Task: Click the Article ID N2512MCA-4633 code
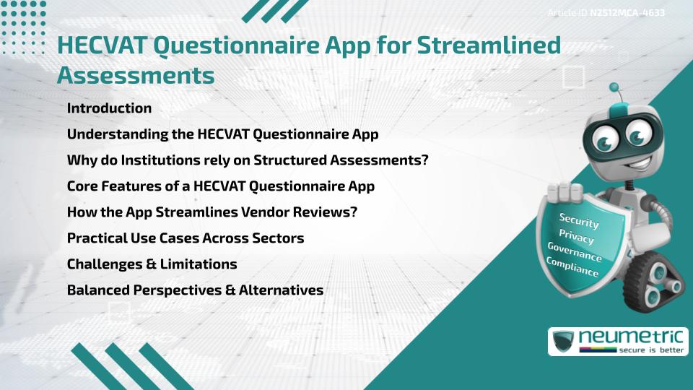pyautogui.click(x=627, y=13)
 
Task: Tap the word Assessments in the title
pyautogui.click(x=135, y=74)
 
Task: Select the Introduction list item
pyautogui.click(x=109, y=108)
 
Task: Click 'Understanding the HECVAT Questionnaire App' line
pyautogui.click(x=222, y=134)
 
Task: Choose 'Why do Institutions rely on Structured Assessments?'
pyautogui.click(x=248, y=160)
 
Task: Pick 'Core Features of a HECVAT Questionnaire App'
pyautogui.click(x=220, y=186)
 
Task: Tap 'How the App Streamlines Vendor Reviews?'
pyautogui.click(x=212, y=212)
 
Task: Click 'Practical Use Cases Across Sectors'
pyautogui.click(x=185, y=238)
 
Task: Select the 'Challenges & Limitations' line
pyautogui.click(x=152, y=264)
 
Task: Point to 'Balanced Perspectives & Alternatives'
pyautogui.click(x=195, y=290)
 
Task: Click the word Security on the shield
pyautogui.click(x=579, y=220)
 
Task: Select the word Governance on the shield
pyautogui.click(x=575, y=252)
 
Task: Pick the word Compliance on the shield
pyautogui.click(x=572, y=267)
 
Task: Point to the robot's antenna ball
pyautogui.click(x=614, y=88)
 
